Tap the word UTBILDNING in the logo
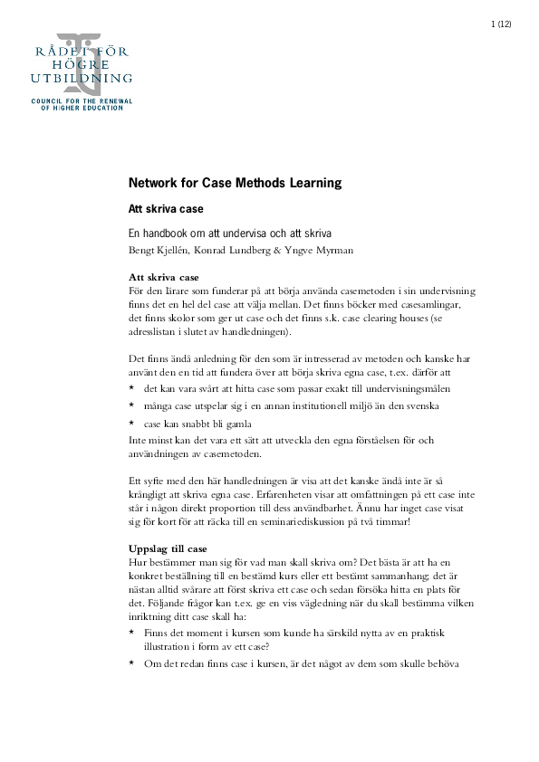[x=82, y=79]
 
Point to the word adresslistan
[x=156, y=330]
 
